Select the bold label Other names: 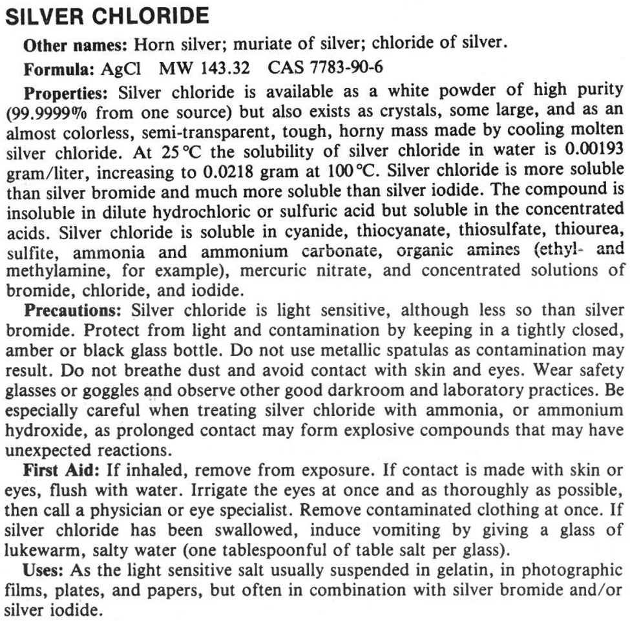(76, 45)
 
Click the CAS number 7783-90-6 (335, 68)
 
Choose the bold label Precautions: (75, 309)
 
